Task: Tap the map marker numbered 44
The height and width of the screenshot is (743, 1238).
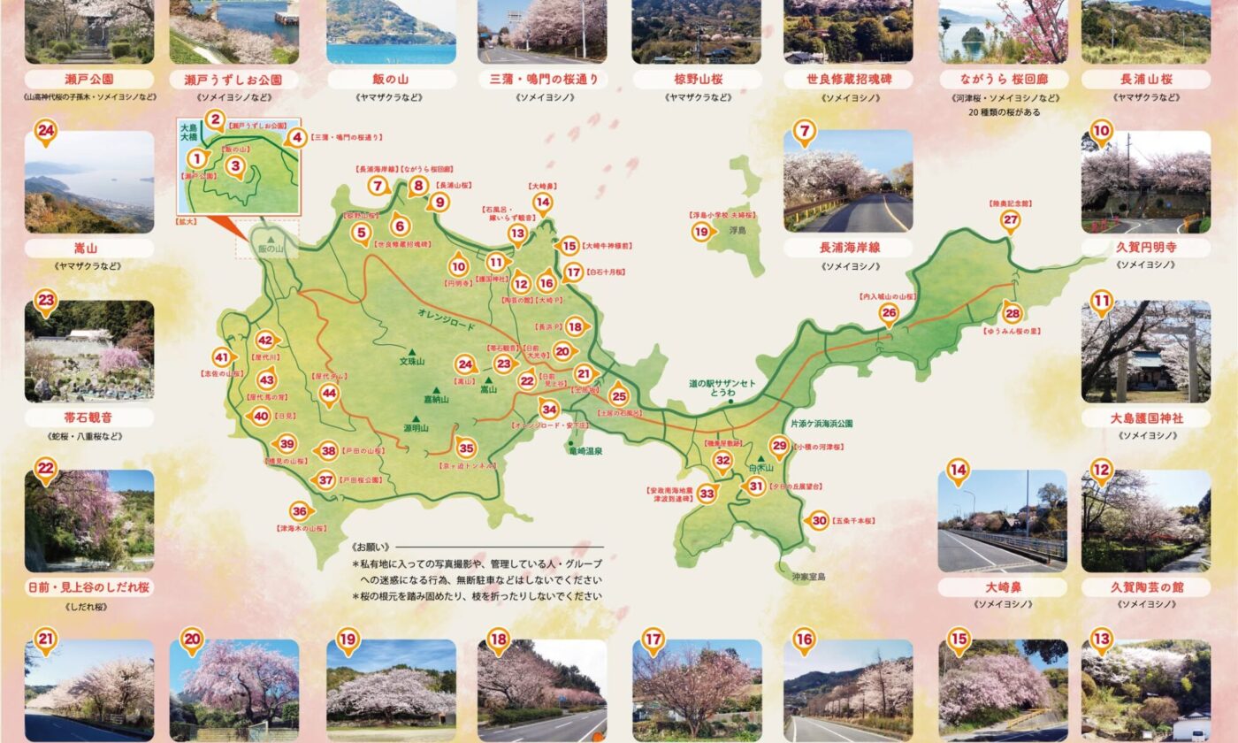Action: [x=330, y=393]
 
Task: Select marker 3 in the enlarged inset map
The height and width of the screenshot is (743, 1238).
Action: [x=234, y=165]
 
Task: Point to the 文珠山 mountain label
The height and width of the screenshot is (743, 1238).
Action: [x=412, y=362]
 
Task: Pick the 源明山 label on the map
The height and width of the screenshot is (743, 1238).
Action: [x=416, y=428]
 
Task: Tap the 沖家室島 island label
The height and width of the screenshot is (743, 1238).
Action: [x=808, y=577]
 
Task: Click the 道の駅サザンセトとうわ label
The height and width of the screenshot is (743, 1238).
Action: [x=724, y=387]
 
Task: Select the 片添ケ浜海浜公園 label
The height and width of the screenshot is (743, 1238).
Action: [x=822, y=424]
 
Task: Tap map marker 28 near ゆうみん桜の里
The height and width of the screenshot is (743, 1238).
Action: [x=1013, y=312]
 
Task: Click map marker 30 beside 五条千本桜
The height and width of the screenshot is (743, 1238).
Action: [x=819, y=521]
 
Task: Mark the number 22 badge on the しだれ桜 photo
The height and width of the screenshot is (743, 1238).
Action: [x=45, y=469]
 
